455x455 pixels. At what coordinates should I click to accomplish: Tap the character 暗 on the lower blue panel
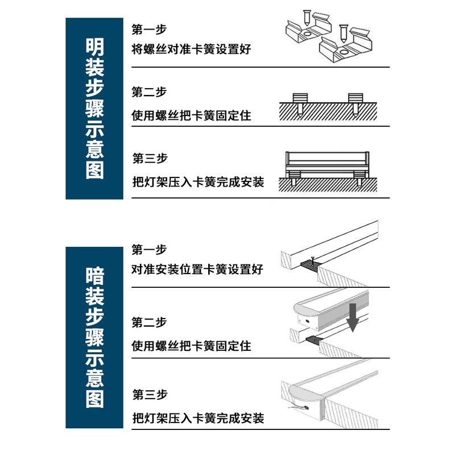click(94, 277)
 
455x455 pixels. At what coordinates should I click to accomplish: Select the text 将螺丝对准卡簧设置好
click(191, 49)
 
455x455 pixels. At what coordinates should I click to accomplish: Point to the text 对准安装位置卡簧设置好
click(197, 270)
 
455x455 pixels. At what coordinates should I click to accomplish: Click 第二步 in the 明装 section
click(149, 92)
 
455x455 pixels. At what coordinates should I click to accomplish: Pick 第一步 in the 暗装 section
click(149, 250)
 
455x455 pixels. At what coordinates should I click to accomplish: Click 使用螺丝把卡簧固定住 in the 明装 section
click(191, 116)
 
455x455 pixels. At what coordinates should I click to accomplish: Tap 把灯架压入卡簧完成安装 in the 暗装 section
click(198, 419)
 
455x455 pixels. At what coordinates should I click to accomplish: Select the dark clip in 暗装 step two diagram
click(314, 340)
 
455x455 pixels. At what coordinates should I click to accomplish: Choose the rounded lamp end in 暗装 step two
click(303, 312)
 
